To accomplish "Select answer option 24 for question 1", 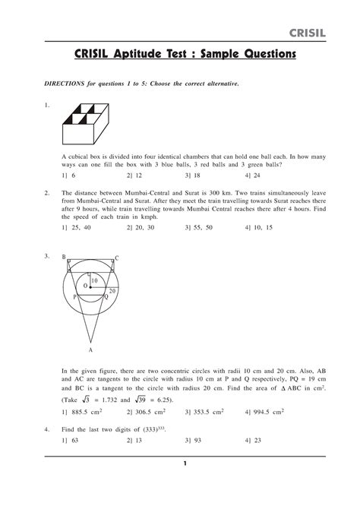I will point(256,174).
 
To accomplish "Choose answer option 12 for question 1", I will point(136,174).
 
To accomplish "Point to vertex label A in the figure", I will point(90,350).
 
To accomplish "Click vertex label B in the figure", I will point(65,258).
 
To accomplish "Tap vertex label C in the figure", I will point(116,258).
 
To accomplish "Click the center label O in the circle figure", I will point(85,286).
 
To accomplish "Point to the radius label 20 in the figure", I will point(112,292).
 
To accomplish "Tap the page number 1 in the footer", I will point(185,463).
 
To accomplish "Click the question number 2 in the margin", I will point(47,194).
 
